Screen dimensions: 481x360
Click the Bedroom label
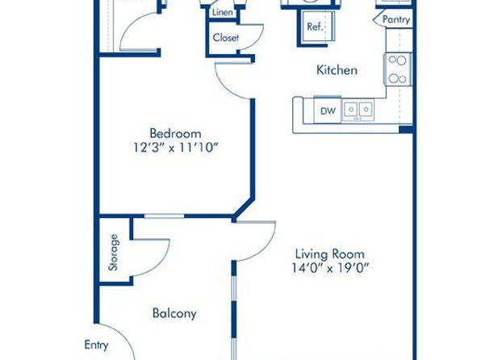click(175, 133)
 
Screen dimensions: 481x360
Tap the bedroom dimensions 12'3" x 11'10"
click(175, 148)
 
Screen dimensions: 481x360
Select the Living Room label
click(330, 254)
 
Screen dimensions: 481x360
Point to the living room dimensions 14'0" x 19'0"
click(330, 268)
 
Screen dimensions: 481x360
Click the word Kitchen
click(337, 70)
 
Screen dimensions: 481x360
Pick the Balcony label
click(174, 313)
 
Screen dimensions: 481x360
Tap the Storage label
click(114, 253)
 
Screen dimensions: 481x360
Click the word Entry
click(96, 345)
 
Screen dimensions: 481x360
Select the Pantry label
click(396, 20)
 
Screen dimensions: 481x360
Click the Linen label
click(223, 13)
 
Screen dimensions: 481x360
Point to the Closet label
click(226, 38)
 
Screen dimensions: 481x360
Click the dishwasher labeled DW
click(328, 111)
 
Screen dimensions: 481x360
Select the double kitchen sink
click(358, 110)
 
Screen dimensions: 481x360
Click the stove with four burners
click(398, 69)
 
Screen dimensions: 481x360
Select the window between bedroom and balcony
click(164, 216)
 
